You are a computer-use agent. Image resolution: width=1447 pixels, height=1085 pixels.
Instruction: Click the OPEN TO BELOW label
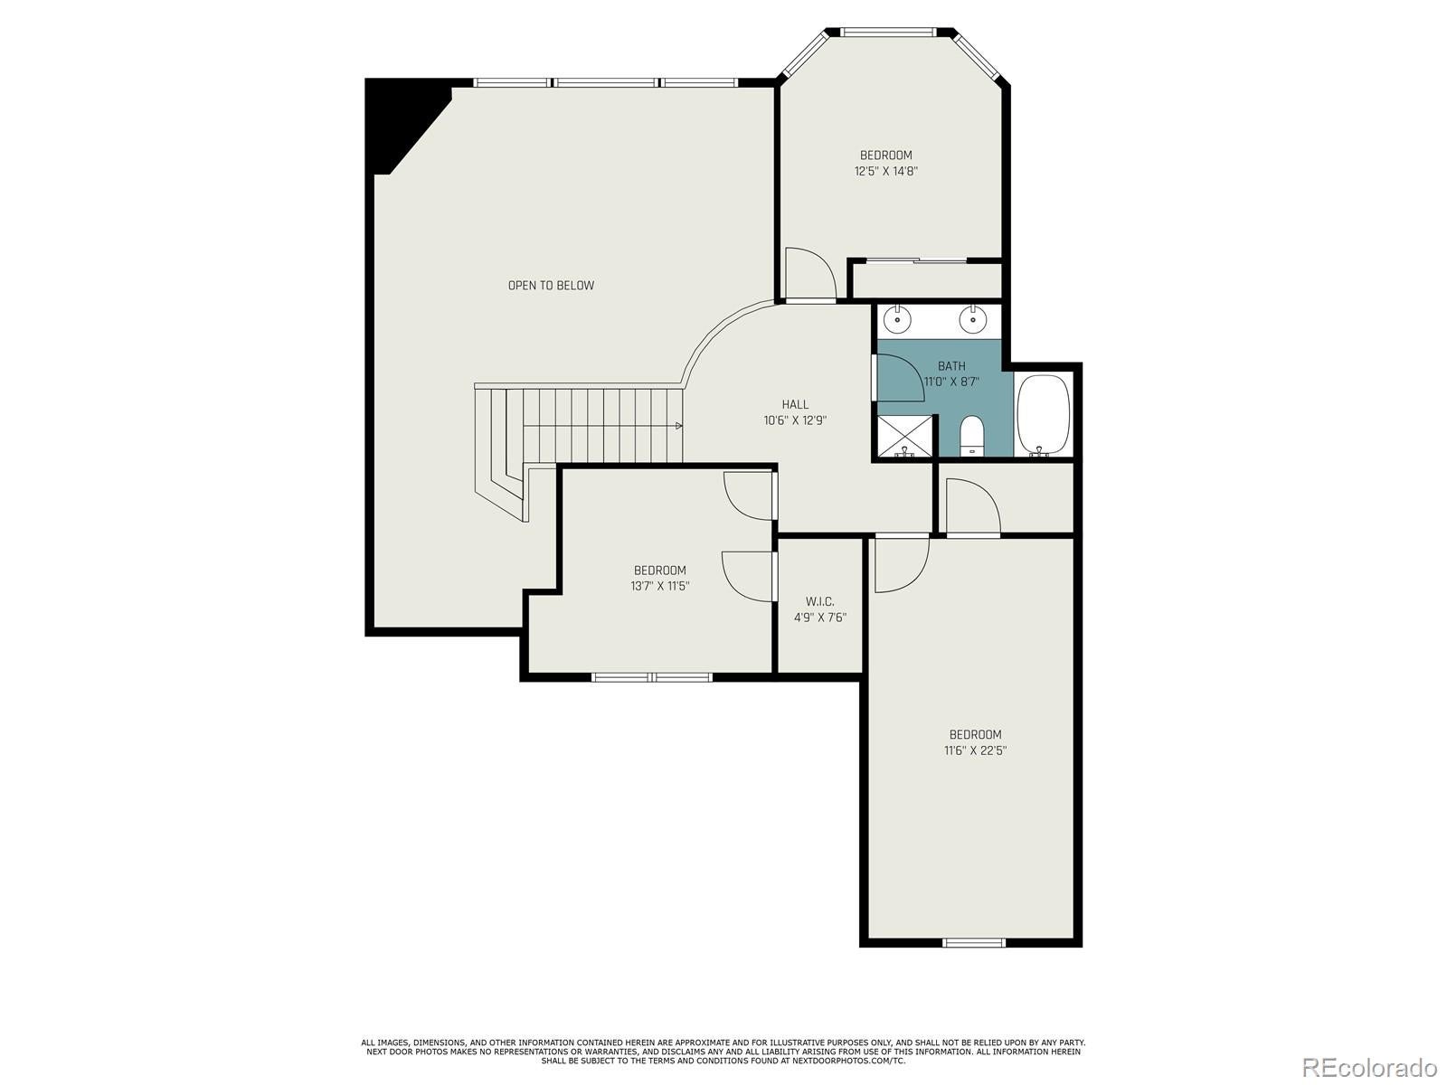[551, 286]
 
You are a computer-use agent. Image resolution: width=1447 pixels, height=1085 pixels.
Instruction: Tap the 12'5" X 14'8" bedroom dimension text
[886, 171]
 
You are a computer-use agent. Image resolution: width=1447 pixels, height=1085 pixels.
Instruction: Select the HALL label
[795, 404]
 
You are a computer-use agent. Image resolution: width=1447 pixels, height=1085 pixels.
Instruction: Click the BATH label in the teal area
[950, 366]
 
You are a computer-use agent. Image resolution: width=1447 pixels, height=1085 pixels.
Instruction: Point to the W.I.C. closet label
[819, 602]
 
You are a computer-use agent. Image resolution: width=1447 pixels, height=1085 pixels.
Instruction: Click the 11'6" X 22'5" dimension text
[975, 750]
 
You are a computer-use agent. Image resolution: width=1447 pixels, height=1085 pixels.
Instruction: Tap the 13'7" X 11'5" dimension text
[659, 586]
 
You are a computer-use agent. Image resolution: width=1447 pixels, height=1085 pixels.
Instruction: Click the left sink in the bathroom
[898, 319]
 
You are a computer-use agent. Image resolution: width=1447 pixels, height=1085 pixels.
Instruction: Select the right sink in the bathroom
[973, 319]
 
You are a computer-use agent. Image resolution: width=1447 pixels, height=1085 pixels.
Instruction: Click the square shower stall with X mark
[904, 437]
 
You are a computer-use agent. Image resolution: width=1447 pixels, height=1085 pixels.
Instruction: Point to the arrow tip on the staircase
[679, 425]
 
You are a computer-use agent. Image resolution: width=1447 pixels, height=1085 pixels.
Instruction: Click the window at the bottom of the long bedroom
[974, 943]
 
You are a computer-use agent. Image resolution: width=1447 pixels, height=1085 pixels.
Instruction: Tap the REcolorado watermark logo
[1374, 1066]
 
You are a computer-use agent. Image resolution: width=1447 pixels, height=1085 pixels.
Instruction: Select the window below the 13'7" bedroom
[651, 676]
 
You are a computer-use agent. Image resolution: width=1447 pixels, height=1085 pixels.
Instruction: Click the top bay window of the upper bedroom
[887, 33]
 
